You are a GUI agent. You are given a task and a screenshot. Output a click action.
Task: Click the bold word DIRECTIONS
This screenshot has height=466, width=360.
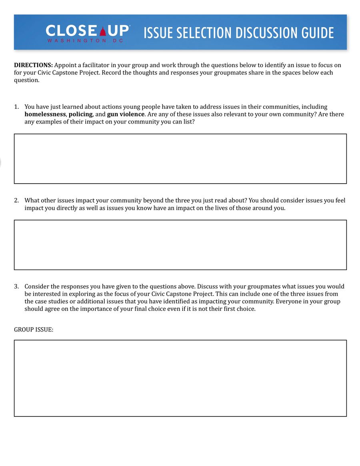33,65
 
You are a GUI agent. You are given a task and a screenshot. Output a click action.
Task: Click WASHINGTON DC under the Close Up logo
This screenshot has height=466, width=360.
85,41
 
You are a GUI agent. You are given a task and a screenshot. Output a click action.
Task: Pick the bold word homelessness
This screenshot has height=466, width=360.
45,114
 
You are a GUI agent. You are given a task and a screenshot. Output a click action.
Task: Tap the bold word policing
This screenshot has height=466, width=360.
80,114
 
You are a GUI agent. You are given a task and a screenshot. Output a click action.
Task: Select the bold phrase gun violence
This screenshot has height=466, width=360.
126,114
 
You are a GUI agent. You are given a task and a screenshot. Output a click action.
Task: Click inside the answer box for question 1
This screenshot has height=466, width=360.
180,159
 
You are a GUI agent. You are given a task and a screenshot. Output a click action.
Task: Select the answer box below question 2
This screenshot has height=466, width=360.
180,245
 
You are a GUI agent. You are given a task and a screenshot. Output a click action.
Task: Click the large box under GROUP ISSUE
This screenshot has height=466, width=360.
180,378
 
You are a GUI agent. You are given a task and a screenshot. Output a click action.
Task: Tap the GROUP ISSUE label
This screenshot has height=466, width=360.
34,330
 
